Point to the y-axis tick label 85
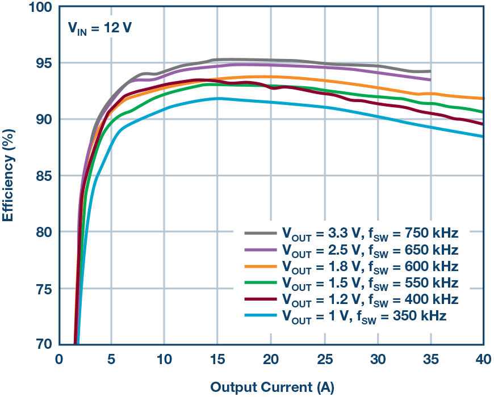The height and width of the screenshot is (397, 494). tap(43, 176)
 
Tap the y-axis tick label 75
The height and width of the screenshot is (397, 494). tap(43, 289)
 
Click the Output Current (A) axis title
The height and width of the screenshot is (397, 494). tap(272, 387)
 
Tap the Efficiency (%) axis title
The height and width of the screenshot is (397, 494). tap(10, 176)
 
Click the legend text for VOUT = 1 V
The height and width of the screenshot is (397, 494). tap(364, 316)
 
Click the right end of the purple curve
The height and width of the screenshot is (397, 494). tap(430, 80)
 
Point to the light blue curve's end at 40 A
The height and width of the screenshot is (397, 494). tap(483, 137)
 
